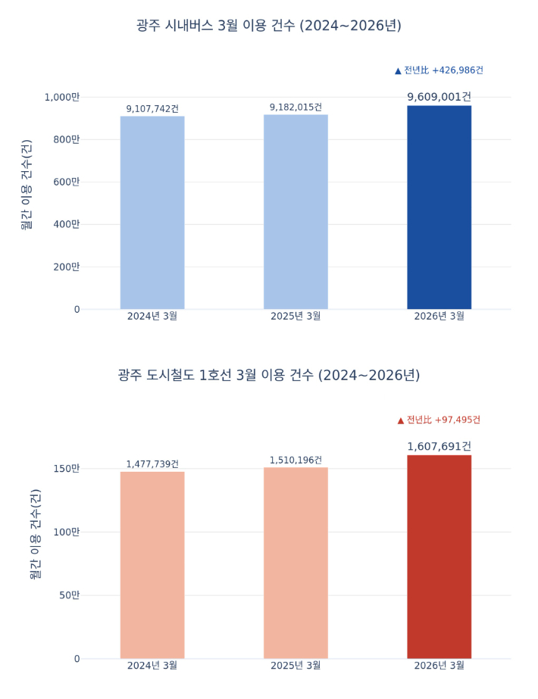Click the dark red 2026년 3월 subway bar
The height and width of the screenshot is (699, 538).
point(439,557)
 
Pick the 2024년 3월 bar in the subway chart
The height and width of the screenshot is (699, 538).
point(152,565)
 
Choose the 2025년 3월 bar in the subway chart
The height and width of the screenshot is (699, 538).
point(296,563)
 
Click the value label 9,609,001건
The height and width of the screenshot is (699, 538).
point(439,97)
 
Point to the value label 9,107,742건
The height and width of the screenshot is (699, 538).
point(152,109)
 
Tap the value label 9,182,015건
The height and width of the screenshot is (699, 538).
point(296,108)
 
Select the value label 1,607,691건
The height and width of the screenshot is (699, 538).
point(439,447)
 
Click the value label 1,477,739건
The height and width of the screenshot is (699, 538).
point(152,464)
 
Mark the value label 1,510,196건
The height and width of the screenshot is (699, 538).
point(296,460)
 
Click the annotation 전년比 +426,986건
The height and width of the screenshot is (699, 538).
point(439,70)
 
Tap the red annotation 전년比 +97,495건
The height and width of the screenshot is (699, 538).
point(439,420)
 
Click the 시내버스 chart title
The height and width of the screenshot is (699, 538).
point(269,26)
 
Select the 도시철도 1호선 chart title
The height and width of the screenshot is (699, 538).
point(269,376)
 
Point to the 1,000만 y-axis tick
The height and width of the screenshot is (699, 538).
point(61,97)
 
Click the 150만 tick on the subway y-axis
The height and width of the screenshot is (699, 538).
point(66,469)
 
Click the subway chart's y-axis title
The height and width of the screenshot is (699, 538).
point(35,534)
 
